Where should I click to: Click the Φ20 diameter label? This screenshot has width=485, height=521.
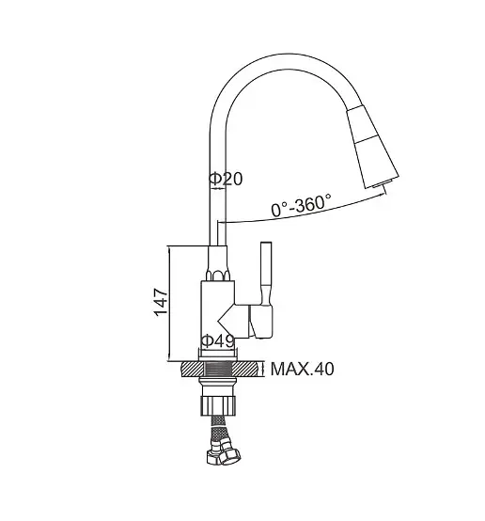point(226,179)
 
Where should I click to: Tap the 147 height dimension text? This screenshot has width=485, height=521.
point(161,303)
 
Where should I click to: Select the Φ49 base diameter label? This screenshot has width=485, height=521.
point(218,340)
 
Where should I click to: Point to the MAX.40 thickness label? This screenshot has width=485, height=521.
point(302,369)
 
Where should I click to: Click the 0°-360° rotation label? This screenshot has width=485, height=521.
point(301,205)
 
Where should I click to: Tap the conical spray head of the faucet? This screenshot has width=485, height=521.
point(372,148)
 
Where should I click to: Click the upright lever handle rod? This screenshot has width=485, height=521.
point(266,273)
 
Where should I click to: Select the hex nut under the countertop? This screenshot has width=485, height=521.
point(218,405)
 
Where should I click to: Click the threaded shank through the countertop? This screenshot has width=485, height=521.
point(218,369)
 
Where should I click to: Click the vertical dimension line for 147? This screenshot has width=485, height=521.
point(169,304)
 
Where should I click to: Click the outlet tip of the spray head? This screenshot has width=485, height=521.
point(382,183)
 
